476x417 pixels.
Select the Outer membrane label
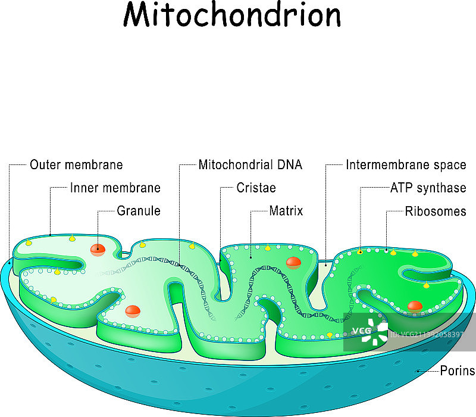click(x=76, y=165)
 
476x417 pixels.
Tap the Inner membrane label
click(x=115, y=188)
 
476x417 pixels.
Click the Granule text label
click(x=139, y=211)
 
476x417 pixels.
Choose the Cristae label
click(x=256, y=188)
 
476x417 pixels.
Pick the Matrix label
click(x=286, y=211)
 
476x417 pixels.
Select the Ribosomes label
click(x=440, y=211)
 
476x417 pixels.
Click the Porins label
click(x=457, y=371)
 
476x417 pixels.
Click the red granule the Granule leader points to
click(x=98, y=249)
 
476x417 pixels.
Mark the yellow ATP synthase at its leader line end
click(x=360, y=252)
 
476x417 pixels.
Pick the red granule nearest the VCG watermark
click(x=415, y=306)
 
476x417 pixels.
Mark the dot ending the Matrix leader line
click(x=251, y=257)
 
